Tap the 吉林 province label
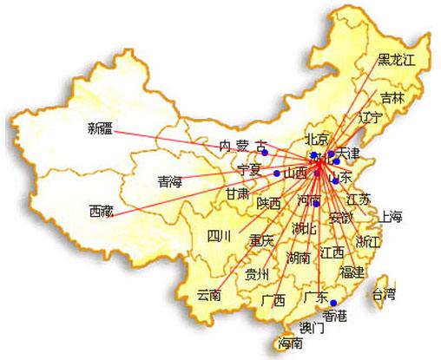pos(392,98)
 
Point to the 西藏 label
pos(101,210)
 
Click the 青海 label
pos(170,182)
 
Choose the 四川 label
pos(218,236)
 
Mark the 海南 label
pos(291,344)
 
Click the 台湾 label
pos(382,292)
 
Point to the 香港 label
pos(334,315)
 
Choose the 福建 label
pos(352,272)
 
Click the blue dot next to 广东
pos(334,302)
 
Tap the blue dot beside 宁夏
pos(277,173)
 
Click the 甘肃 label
pos(239,192)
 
